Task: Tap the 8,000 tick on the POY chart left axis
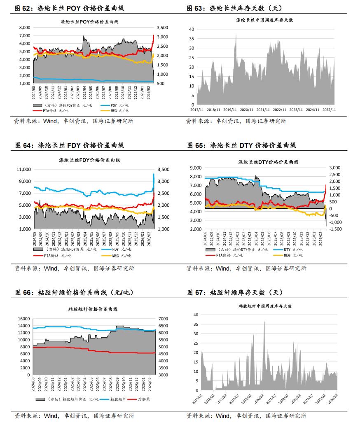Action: [24, 28]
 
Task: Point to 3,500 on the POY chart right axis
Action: [162, 28]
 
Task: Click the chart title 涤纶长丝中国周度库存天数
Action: [264, 20]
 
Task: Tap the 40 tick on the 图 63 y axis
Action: [191, 29]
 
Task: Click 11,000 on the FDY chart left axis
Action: [23, 169]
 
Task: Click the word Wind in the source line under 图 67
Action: [223, 416]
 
